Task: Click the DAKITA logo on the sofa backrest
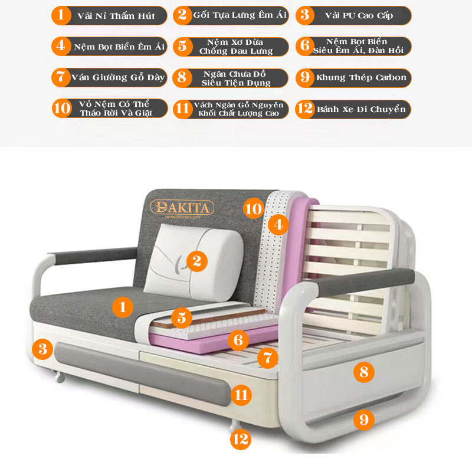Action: pos(182,208)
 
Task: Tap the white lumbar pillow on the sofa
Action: pos(194,263)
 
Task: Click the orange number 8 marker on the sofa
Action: pos(363,372)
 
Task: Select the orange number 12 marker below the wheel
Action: pos(241,440)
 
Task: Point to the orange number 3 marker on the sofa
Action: pos(42,349)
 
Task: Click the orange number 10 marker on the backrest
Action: pos(254,209)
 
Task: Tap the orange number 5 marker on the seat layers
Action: pos(182,317)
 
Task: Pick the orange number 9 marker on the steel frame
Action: pos(363,419)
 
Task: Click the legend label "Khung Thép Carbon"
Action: pos(361,78)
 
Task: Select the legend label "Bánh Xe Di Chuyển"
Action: pos(361,109)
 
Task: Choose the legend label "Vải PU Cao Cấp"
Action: pos(359,16)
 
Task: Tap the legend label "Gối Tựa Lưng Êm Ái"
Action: pos(240,15)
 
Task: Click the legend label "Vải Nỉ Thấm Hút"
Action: pos(116,16)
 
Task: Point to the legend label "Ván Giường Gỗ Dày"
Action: pos(118,78)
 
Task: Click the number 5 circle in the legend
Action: pos(182,47)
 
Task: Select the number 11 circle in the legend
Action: pos(182,109)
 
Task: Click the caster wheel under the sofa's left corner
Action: pos(59,376)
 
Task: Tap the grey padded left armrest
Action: pos(93,255)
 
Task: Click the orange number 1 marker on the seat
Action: pos(123,307)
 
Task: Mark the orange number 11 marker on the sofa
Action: pos(241,395)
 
